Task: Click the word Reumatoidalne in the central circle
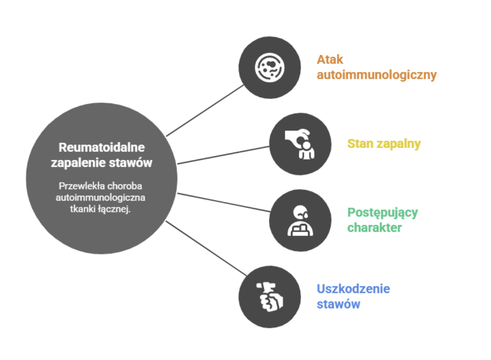(x=102, y=146)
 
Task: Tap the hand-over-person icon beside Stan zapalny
(x=300, y=144)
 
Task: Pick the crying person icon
(x=300, y=220)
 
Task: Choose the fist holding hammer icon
(x=270, y=296)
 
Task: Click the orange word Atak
(x=330, y=59)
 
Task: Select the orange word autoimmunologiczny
(x=376, y=75)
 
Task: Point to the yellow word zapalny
(x=399, y=144)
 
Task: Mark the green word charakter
(x=374, y=228)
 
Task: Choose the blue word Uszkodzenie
(x=353, y=289)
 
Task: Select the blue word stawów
(x=338, y=304)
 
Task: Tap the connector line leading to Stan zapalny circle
(x=223, y=155)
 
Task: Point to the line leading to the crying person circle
(x=223, y=202)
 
